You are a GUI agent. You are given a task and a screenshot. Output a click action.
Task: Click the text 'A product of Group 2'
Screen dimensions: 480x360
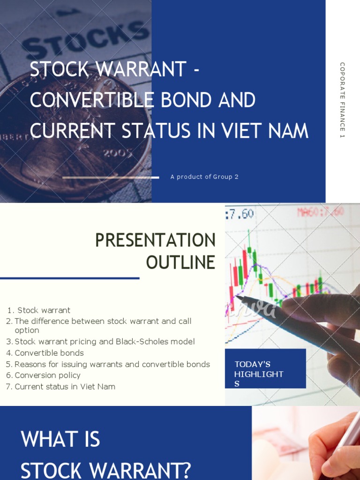pyautogui.click(x=204, y=177)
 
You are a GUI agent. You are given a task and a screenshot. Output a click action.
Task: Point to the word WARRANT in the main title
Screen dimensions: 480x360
pyautogui.click(x=140, y=70)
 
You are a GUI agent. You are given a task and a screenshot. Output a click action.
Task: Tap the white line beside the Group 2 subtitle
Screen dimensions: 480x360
pyautogui.click(x=111, y=177)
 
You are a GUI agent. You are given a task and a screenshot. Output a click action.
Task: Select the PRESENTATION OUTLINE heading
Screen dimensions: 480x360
pyautogui.click(x=155, y=251)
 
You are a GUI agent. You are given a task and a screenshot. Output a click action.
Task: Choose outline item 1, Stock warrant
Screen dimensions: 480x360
pyautogui.click(x=44, y=310)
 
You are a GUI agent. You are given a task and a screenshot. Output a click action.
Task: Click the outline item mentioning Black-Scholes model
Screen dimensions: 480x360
pyautogui.click(x=105, y=342)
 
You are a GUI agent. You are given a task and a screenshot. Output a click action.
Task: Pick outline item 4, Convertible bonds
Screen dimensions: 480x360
pyautogui.click(x=49, y=353)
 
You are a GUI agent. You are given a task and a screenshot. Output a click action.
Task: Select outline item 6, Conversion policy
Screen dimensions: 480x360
pyautogui.click(x=47, y=375)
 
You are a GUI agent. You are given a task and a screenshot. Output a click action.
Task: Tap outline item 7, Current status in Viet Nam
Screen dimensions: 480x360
pyautogui.click(x=65, y=387)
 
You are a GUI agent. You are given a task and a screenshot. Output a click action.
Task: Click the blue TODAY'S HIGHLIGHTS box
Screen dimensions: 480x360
pyautogui.click(x=265, y=369)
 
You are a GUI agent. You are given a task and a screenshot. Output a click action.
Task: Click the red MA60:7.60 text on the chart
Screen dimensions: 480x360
pyautogui.click(x=321, y=212)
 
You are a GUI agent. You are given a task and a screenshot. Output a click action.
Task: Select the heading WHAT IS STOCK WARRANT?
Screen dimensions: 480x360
pyautogui.click(x=106, y=455)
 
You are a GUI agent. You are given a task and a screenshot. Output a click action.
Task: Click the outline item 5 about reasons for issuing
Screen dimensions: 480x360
pyautogui.click(x=112, y=364)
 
